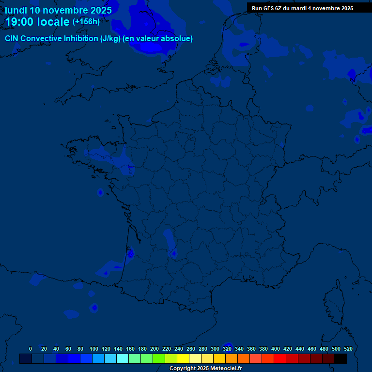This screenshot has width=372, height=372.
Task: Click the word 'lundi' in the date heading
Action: coord(16,10)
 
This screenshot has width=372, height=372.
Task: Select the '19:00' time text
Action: coord(20,22)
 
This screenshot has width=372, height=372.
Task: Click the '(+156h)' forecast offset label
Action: coord(86,22)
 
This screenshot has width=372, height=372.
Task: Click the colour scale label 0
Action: coord(31,349)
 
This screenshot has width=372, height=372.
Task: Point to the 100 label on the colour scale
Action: coord(94,349)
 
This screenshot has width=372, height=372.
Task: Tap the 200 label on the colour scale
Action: coord(155,349)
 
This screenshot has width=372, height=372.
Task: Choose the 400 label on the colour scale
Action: coord(276,349)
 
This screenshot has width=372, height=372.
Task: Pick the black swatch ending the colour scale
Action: coord(341,358)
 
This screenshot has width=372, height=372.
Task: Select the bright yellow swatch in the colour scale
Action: coord(183,358)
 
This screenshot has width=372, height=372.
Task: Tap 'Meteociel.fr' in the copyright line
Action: coord(226,369)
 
